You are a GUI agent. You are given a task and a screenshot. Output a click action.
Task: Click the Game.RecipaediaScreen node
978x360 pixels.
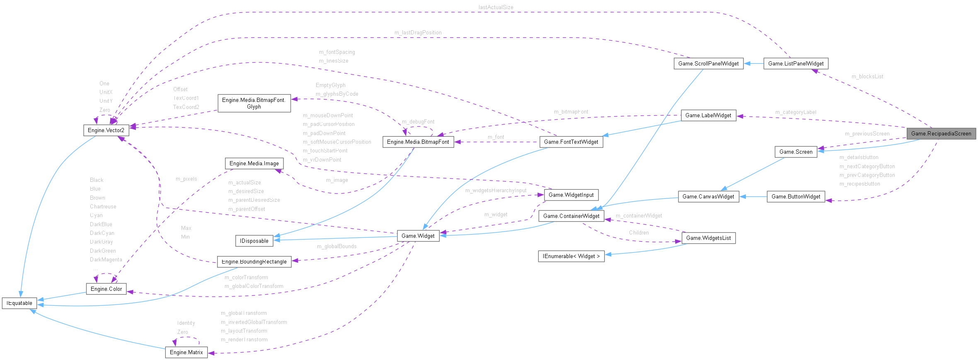coord(941,133)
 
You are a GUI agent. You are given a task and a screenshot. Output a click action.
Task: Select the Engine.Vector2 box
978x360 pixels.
coord(106,130)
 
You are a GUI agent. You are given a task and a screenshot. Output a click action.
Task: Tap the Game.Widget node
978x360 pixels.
coord(418,236)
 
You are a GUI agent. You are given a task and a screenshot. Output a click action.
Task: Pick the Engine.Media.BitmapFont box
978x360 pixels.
coord(418,142)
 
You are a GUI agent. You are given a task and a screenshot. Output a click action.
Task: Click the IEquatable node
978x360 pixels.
coord(19,303)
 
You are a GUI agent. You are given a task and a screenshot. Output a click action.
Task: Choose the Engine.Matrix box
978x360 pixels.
coord(186,352)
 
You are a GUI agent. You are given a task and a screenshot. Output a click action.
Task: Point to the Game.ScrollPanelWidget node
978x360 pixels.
coord(708,63)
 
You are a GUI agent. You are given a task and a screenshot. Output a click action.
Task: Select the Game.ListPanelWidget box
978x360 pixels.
coord(796,63)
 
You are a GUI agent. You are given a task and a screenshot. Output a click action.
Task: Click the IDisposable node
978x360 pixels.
coord(254,241)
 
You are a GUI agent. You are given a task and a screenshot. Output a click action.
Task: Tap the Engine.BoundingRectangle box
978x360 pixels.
coord(254,261)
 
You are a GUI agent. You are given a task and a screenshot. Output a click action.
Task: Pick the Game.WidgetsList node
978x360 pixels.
coord(708,238)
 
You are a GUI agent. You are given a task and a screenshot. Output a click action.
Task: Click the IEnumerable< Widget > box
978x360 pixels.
coord(571,256)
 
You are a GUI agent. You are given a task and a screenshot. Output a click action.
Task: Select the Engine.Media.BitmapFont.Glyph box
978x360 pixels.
coord(254,103)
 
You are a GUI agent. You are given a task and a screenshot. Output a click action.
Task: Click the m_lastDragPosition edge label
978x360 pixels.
coord(418,32)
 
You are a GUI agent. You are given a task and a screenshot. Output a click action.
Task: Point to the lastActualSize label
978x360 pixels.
coord(496,7)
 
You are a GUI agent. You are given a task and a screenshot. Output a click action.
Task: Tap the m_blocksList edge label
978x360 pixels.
coord(867,76)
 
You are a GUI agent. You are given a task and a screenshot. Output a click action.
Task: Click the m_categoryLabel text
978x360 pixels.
coord(795,112)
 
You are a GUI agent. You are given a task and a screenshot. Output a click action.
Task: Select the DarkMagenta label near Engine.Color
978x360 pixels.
coord(106,259)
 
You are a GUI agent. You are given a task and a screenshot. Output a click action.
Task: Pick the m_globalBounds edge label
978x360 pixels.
coord(336,246)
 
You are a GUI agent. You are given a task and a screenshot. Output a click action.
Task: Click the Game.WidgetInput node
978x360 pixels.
coord(571,195)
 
